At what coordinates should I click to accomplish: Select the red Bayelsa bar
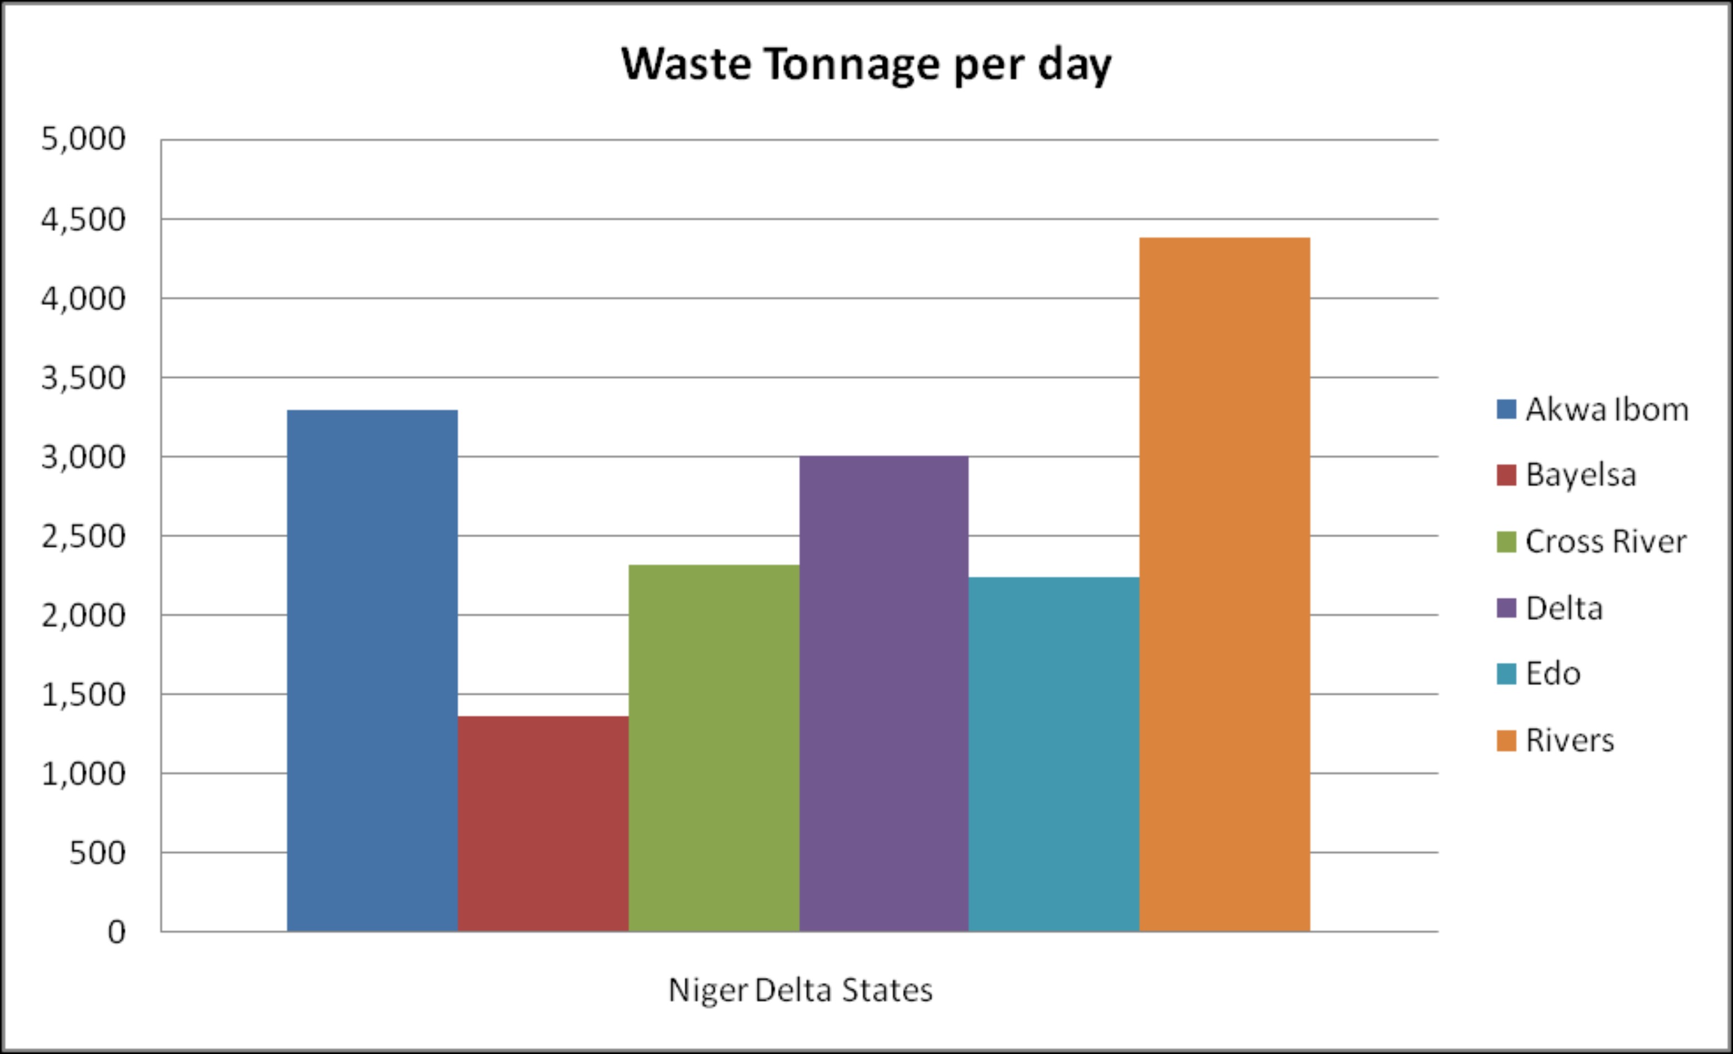(543, 823)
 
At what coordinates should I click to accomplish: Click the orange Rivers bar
(1225, 585)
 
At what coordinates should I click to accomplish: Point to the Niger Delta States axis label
(801, 990)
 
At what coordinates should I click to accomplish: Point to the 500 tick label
(97, 853)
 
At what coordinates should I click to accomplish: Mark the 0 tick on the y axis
(116, 932)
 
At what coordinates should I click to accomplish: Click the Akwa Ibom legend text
(1606, 409)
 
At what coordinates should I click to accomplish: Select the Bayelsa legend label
(1580, 475)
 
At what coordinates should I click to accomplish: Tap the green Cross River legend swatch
(1506, 542)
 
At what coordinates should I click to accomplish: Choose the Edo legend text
(1553, 673)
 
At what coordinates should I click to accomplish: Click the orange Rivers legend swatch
(1506, 741)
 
